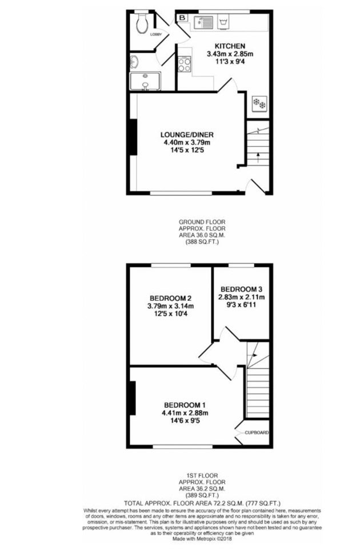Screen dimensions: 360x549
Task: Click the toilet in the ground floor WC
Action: tap(142, 22)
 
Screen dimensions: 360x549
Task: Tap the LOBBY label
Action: tap(155, 34)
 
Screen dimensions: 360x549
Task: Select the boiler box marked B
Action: tap(182, 18)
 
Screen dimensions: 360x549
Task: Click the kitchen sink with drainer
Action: tap(203, 22)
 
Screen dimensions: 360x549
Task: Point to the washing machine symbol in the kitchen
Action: tap(223, 22)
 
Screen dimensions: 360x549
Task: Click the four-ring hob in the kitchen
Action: tap(185, 64)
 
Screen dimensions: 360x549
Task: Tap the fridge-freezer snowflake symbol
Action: tap(259, 103)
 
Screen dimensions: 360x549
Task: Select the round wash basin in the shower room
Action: tap(134, 62)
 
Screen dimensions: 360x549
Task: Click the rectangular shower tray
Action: tap(145, 81)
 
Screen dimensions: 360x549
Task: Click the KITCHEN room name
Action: tap(230, 46)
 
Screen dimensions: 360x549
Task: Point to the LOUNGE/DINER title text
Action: tap(187, 135)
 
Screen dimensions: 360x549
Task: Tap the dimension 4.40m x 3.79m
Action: tap(187, 142)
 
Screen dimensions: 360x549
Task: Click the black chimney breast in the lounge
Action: tap(133, 137)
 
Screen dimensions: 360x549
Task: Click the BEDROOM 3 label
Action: tap(241, 289)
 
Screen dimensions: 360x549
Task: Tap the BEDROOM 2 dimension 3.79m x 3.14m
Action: tap(170, 307)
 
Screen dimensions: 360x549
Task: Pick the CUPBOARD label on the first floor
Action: tap(257, 433)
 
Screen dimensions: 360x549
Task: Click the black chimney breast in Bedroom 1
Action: tap(132, 398)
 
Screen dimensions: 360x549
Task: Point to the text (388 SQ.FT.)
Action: tap(202, 242)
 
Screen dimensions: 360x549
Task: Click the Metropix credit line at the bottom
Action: tap(202, 539)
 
